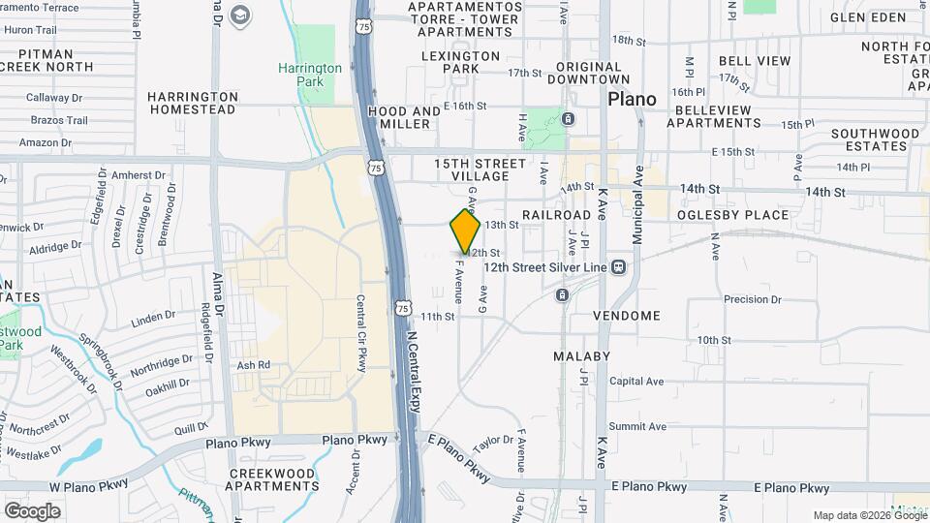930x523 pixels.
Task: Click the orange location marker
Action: (x=466, y=231)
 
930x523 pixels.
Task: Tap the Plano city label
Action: (x=632, y=99)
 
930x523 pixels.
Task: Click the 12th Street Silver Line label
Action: (x=544, y=266)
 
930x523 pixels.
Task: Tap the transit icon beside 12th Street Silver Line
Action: (x=618, y=266)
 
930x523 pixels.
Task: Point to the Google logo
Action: (x=32, y=511)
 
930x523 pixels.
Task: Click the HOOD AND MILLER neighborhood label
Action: (x=405, y=118)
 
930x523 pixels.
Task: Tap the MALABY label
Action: (x=581, y=356)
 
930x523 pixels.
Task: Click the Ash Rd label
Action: (x=252, y=365)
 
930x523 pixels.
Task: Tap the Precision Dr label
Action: (x=753, y=299)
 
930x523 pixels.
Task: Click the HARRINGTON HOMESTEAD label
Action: (x=192, y=103)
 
